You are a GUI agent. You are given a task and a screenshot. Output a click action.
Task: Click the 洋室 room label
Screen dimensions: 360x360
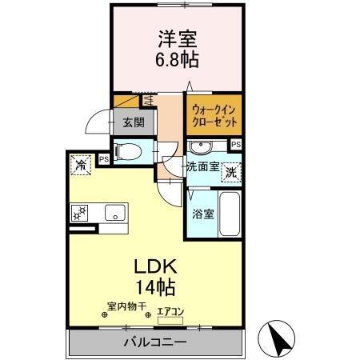pos(178,39)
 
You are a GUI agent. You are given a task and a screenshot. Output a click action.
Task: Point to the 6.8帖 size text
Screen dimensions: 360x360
pos(178,59)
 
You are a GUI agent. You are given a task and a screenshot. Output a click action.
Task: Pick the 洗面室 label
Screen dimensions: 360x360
pos(202,168)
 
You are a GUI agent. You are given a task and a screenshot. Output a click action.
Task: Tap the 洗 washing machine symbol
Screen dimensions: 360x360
pos(230,171)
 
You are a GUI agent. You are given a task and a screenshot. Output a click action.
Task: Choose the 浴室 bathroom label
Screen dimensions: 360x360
pos(202,214)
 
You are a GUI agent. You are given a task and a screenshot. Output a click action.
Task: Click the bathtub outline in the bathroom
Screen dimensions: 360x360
pos(230,214)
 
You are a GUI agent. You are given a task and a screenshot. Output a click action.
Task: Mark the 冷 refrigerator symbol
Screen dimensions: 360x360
pos(81,165)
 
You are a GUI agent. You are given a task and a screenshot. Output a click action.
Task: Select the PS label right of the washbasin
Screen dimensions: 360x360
pos(235,144)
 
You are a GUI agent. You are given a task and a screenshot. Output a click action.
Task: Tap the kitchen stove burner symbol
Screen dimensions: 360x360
pos(81,212)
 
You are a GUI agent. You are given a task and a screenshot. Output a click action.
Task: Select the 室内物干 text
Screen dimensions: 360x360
pos(126,305)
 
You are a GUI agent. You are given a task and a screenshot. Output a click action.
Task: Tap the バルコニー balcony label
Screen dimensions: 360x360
pos(155,342)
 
